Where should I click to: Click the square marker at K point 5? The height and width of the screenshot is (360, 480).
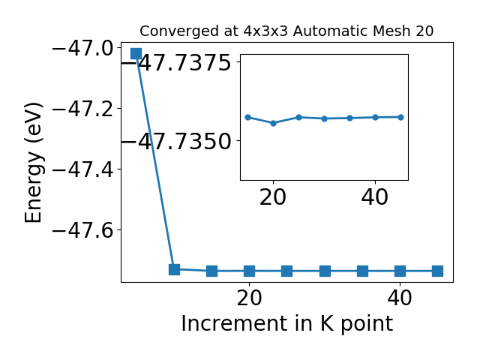click(x=136, y=53)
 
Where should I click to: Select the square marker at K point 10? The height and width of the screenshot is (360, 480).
click(x=174, y=269)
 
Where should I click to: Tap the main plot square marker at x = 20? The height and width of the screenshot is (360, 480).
click(x=250, y=271)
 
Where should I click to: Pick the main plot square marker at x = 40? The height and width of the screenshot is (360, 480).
click(x=400, y=271)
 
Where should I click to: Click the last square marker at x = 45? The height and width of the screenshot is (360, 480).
click(x=438, y=271)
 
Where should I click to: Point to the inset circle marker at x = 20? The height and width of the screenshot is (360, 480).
click(x=273, y=123)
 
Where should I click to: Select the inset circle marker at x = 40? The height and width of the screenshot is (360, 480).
click(x=375, y=117)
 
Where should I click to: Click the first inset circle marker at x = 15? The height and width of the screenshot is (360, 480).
click(x=248, y=117)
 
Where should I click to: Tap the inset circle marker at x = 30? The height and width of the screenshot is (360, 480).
click(x=325, y=118)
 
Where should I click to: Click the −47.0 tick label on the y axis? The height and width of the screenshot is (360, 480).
click(x=86, y=49)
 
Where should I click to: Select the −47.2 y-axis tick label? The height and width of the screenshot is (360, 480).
click(x=86, y=109)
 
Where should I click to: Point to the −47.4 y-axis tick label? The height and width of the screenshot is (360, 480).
click(x=86, y=170)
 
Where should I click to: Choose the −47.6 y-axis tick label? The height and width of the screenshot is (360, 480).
click(x=86, y=230)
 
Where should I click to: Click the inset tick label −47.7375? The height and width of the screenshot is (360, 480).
click(x=177, y=63)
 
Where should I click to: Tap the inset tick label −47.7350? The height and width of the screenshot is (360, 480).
click(x=177, y=142)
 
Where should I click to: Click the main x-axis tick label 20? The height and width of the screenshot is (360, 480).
click(x=250, y=298)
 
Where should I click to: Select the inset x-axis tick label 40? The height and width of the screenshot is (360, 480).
click(x=375, y=197)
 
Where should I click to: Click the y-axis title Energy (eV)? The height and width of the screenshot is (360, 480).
click(x=33, y=163)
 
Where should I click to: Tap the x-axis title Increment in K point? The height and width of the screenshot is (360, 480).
click(x=287, y=324)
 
